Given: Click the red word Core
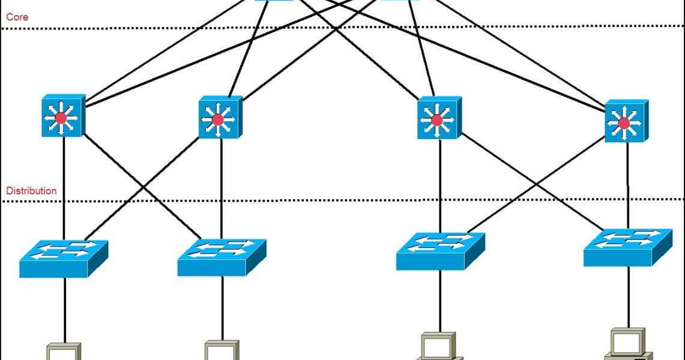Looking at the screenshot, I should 17,17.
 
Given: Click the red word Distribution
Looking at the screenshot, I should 31,191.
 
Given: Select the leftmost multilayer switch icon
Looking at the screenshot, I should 62,115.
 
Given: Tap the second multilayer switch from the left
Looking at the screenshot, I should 220,118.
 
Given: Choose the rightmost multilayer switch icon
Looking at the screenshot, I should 626,121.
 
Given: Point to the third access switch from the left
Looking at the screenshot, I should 440,251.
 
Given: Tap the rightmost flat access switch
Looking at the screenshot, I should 627,246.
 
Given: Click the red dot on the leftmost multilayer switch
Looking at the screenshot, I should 60,118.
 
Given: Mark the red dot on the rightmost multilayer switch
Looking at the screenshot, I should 624,123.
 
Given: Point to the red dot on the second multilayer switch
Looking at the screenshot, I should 217,120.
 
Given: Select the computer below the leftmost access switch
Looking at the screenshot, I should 64,352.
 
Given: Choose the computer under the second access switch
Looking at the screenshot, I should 222,350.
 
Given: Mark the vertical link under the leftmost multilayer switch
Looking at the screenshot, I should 64,186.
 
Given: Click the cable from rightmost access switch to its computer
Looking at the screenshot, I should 629,297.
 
